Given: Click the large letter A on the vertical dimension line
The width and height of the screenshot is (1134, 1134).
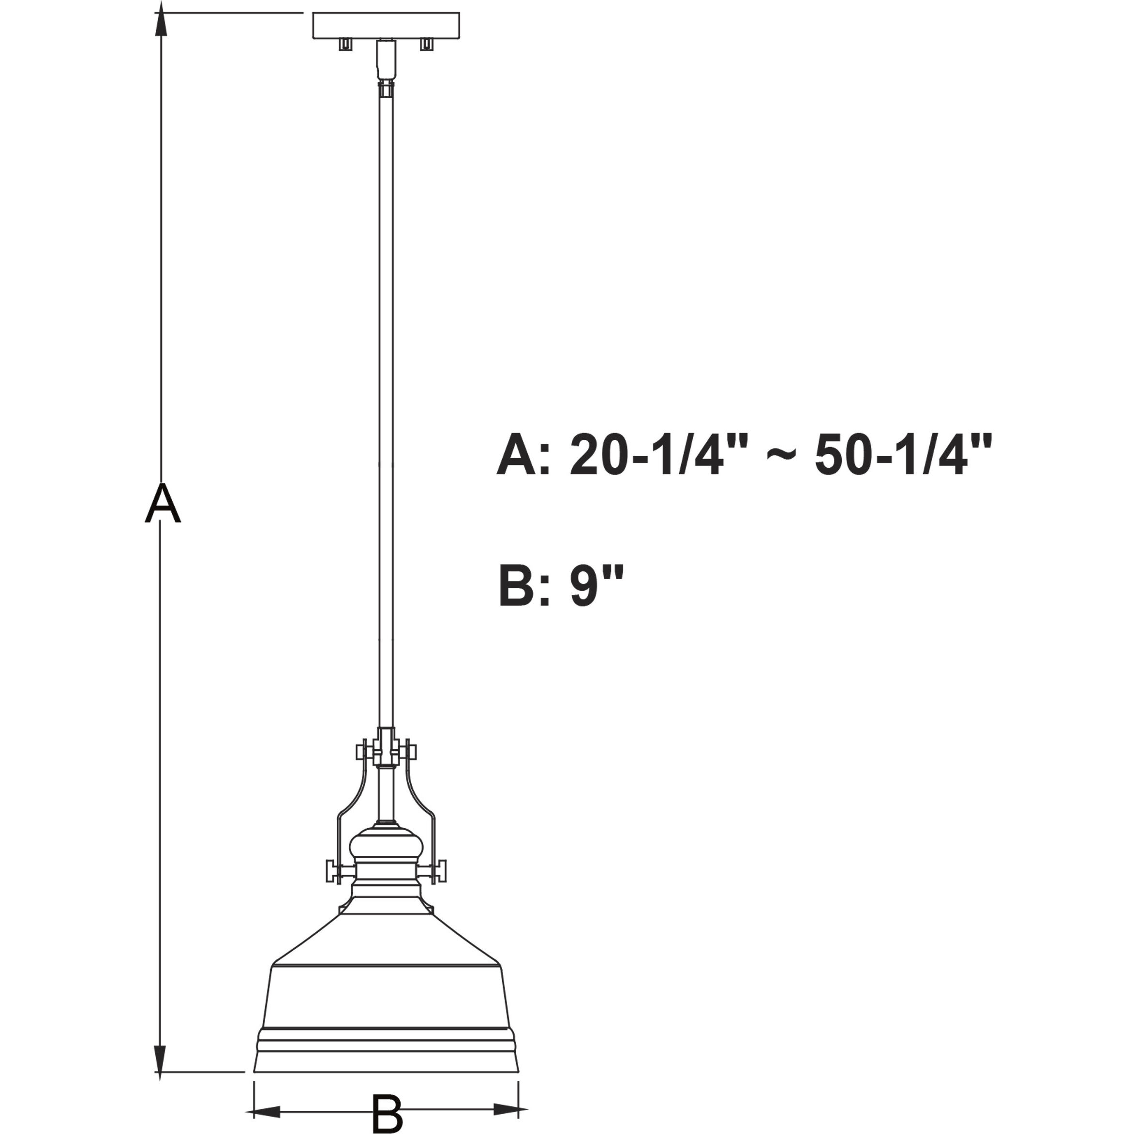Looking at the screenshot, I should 163,503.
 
